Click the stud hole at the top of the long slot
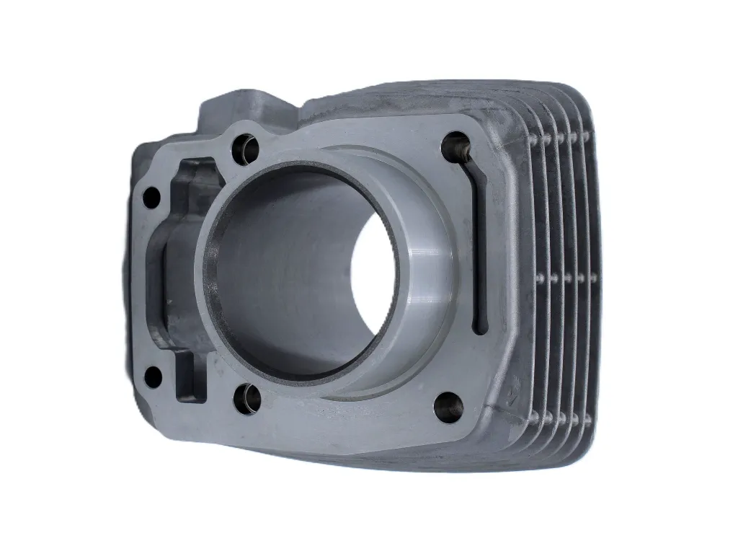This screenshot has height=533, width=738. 456,145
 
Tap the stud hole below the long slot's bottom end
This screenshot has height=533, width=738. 448,407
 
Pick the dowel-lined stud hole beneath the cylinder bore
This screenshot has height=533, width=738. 247,398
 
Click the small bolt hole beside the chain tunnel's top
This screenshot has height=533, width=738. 151,197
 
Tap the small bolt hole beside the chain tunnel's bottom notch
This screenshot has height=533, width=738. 153,376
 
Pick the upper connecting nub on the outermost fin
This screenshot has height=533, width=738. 585,136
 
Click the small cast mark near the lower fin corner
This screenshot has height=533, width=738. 512,394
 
